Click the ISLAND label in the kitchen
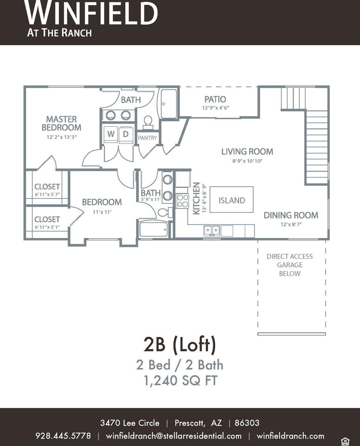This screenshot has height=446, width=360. tap(232, 200)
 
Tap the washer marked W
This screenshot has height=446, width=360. tap(111, 134)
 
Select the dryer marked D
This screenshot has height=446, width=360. tap(126, 134)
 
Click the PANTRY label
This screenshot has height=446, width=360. tap(147, 138)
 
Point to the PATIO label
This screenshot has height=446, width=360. tap(215, 99)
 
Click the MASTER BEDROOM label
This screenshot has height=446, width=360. tap(61, 123)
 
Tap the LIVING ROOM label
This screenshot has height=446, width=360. tap(247, 151)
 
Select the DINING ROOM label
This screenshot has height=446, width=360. tap(291, 215)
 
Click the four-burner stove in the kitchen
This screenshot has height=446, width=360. tap(183, 201)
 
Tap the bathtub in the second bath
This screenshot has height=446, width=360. tap(154, 229)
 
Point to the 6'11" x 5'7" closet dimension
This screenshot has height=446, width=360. tap(47, 195)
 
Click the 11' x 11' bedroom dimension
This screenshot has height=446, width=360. tap(102, 212)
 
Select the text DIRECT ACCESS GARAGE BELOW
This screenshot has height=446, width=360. tap(290, 265)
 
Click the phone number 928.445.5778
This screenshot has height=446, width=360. tap(63, 436)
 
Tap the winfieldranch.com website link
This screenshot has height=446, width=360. tap(290, 436)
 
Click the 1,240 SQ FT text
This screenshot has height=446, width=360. tap(181, 380)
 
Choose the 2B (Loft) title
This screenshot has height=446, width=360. tap(180, 344)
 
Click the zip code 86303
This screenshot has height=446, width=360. tap(247, 423)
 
